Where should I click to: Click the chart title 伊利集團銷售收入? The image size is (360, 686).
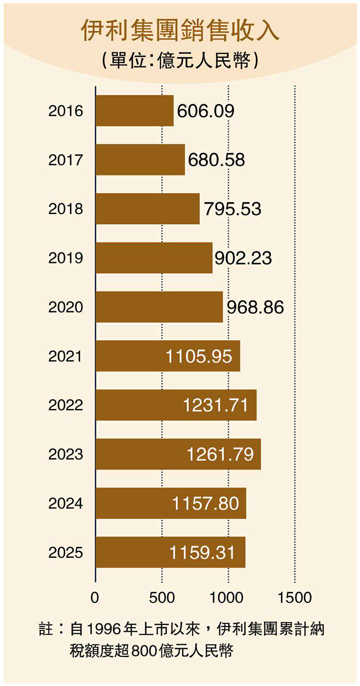coord(180,31)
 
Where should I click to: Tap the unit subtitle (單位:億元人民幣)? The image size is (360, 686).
coord(180,60)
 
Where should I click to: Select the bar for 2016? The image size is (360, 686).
coord(134,111)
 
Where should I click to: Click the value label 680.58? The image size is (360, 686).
coord(216,160)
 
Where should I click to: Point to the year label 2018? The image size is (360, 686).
coord(65,209)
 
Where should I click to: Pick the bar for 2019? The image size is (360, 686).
coord(154,258)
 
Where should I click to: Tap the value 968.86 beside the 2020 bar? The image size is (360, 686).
coord(255,307)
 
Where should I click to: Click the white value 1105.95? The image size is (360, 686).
coord(199,356)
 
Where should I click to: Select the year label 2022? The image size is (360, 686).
coord(65,405)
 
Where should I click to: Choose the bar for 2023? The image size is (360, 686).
coord(178,454)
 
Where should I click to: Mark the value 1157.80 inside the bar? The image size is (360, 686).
coord(205,504)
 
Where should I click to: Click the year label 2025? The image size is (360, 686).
coord(65,552)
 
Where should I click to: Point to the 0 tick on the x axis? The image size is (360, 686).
coord(95,597)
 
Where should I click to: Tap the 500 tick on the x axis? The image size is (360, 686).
coord(162,597)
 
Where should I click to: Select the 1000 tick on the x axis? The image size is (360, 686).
coord(227,597)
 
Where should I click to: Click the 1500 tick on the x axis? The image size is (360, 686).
coord(295,597)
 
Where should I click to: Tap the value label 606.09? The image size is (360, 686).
coord(205,111)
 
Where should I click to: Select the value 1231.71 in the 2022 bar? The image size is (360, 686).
coord(216,405)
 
